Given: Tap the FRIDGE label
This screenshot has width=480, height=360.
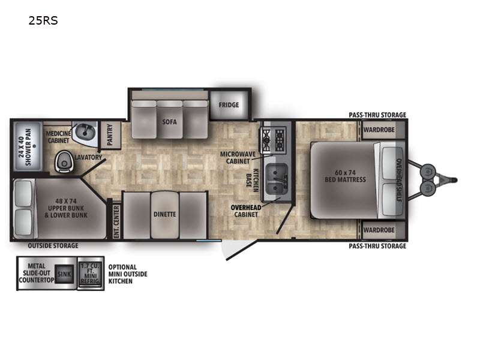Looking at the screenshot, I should [x=228, y=105].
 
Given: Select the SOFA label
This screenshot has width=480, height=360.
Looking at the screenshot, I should [x=169, y=121].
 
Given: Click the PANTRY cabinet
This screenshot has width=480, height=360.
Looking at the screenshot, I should [x=110, y=135].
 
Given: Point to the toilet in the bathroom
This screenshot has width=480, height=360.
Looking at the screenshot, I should [x=64, y=161].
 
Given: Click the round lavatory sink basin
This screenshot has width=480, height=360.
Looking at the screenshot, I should [x=84, y=131].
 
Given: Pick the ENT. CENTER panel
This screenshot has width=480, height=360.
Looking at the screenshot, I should [x=116, y=221].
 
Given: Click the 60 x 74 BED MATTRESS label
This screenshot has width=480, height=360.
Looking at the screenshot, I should [x=344, y=176].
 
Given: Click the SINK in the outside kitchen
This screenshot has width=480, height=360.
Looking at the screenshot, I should [x=64, y=274].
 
